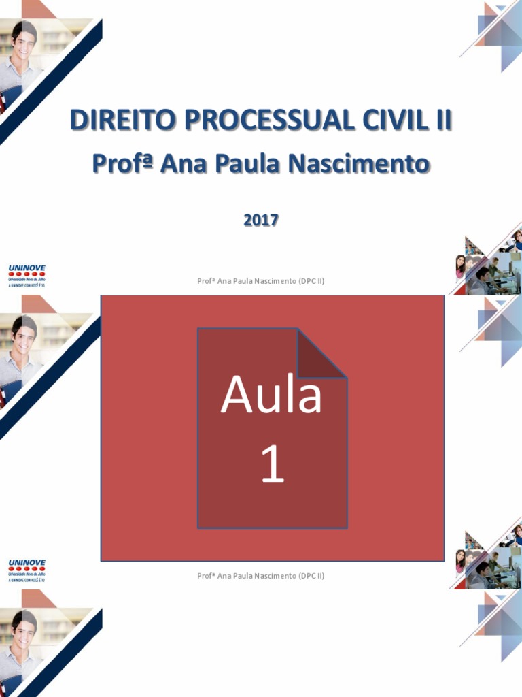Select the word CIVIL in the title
385,121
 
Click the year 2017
261,220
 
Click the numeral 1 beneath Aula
273,466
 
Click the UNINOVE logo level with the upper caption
27,276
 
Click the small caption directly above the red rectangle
261,280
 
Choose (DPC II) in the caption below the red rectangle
311,576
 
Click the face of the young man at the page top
24,43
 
